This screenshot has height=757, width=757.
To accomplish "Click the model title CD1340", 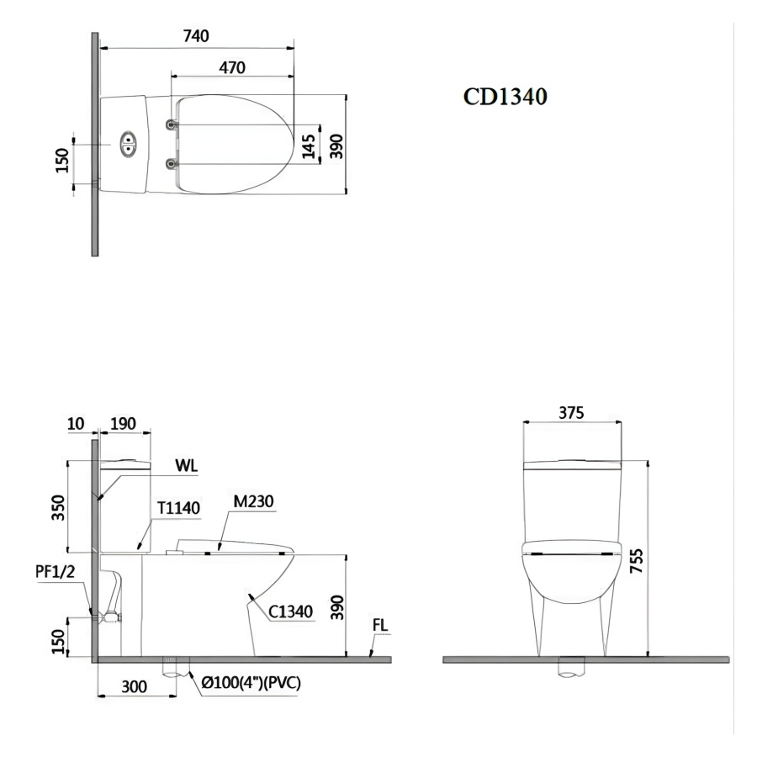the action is [x=505, y=97].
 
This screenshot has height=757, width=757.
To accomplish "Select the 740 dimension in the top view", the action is [x=196, y=36].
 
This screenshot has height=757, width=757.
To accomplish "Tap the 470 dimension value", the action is [x=232, y=67].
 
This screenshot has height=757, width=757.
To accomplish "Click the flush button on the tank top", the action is [x=128, y=143].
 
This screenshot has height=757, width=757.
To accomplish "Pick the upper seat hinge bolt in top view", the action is [x=171, y=125].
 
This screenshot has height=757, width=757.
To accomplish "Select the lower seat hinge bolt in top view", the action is [x=171, y=165].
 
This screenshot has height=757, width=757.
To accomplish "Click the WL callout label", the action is [x=186, y=465].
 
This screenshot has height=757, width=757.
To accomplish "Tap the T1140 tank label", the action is [x=178, y=508].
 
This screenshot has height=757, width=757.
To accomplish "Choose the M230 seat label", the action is [x=253, y=501].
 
